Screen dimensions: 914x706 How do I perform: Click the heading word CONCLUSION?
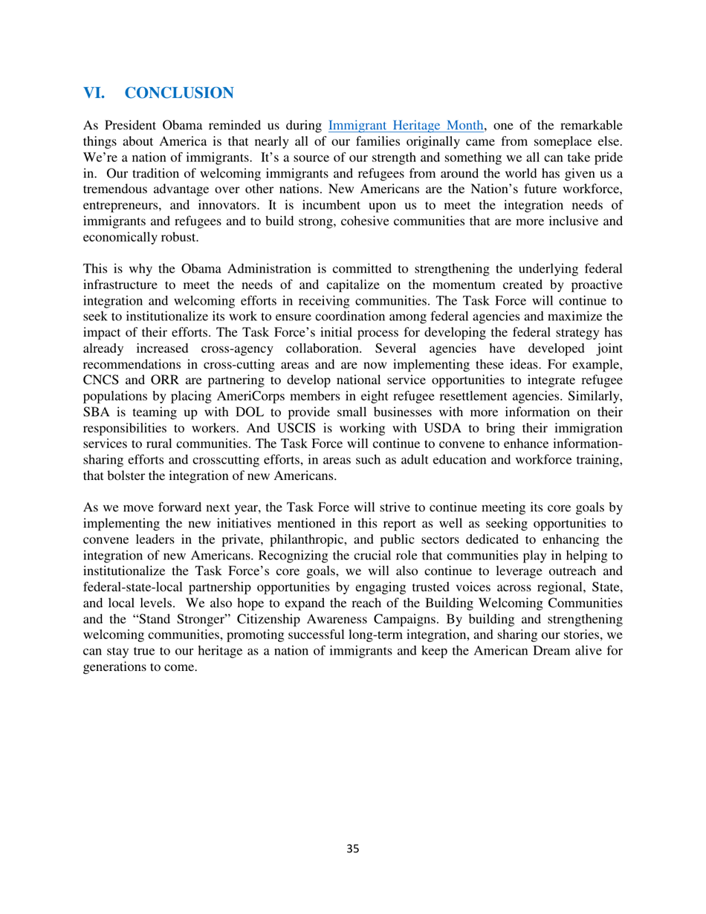(178, 93)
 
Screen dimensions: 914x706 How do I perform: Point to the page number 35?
(353, 849)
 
